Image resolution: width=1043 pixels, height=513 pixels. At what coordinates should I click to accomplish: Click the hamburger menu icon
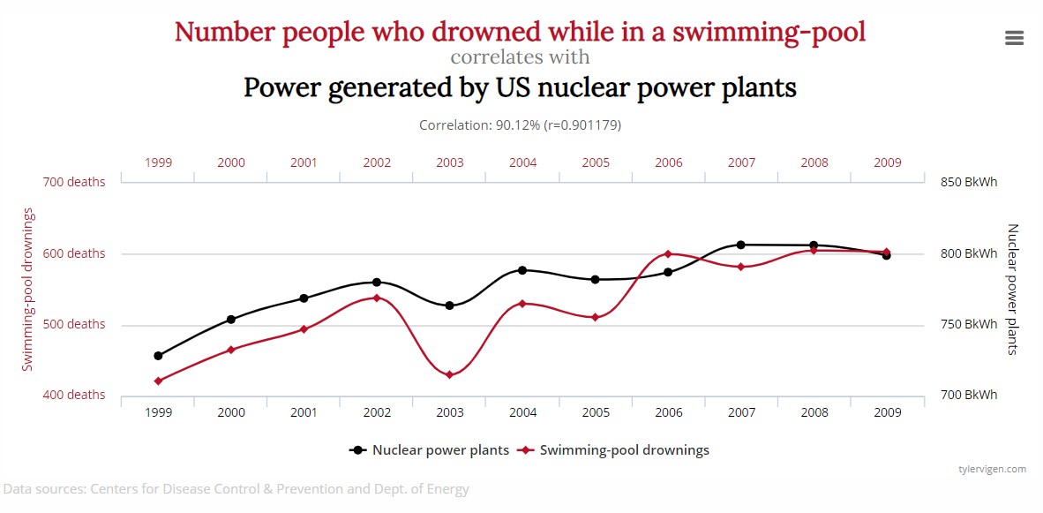click(x=1014, y=38)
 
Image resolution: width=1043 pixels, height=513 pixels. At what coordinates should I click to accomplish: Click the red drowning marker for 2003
click(x=449, y=375)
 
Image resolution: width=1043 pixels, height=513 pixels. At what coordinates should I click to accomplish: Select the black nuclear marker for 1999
click(x=158, y=356)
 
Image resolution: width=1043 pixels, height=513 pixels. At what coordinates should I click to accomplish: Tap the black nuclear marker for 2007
click(x=740, y=245)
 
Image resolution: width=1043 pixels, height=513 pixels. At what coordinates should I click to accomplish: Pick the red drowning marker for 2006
click(x=668, y=254)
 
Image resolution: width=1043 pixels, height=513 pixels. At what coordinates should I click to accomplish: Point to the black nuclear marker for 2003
click(x=449, y=306)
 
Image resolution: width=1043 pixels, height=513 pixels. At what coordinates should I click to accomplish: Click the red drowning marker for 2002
click(x=377, y=298)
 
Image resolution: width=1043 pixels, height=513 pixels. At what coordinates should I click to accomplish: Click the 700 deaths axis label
click(x=74, y=183)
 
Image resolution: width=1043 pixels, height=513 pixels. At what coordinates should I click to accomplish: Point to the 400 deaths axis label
click(x=74, y=396)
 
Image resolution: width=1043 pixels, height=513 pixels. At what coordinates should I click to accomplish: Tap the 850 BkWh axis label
click(x=968, y=183)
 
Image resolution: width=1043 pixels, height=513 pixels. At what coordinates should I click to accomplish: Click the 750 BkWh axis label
click(x=968, y=325)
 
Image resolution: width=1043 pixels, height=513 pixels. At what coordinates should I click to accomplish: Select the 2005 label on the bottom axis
click(x=596, y=412)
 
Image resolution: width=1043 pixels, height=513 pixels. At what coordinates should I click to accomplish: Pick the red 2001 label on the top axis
click(x=304, y=163)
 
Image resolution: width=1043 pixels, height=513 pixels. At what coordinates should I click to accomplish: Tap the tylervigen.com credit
click(x=993, y=470)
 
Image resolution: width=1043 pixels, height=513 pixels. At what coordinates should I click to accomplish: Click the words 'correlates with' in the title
click(x=520, y=57)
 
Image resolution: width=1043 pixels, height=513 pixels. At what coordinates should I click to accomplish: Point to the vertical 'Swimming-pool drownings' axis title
click(x=28, y=290)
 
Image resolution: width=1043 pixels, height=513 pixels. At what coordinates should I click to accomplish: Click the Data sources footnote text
click(x=236, y=489)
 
